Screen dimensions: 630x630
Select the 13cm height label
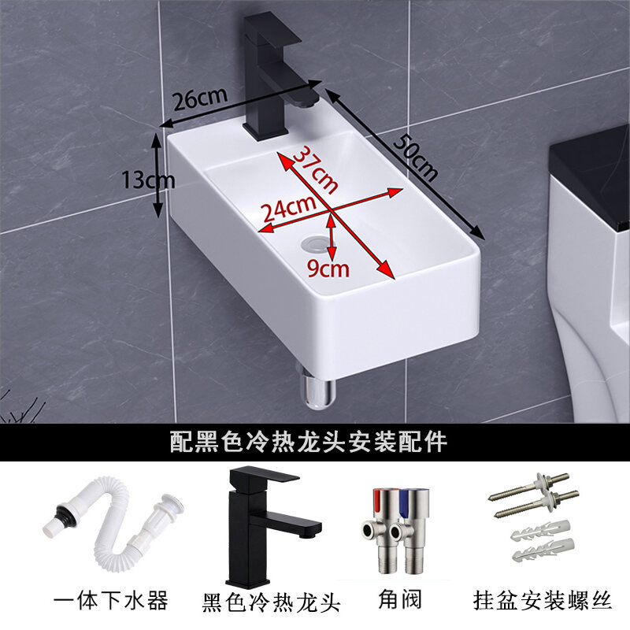(x=148, y=180)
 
